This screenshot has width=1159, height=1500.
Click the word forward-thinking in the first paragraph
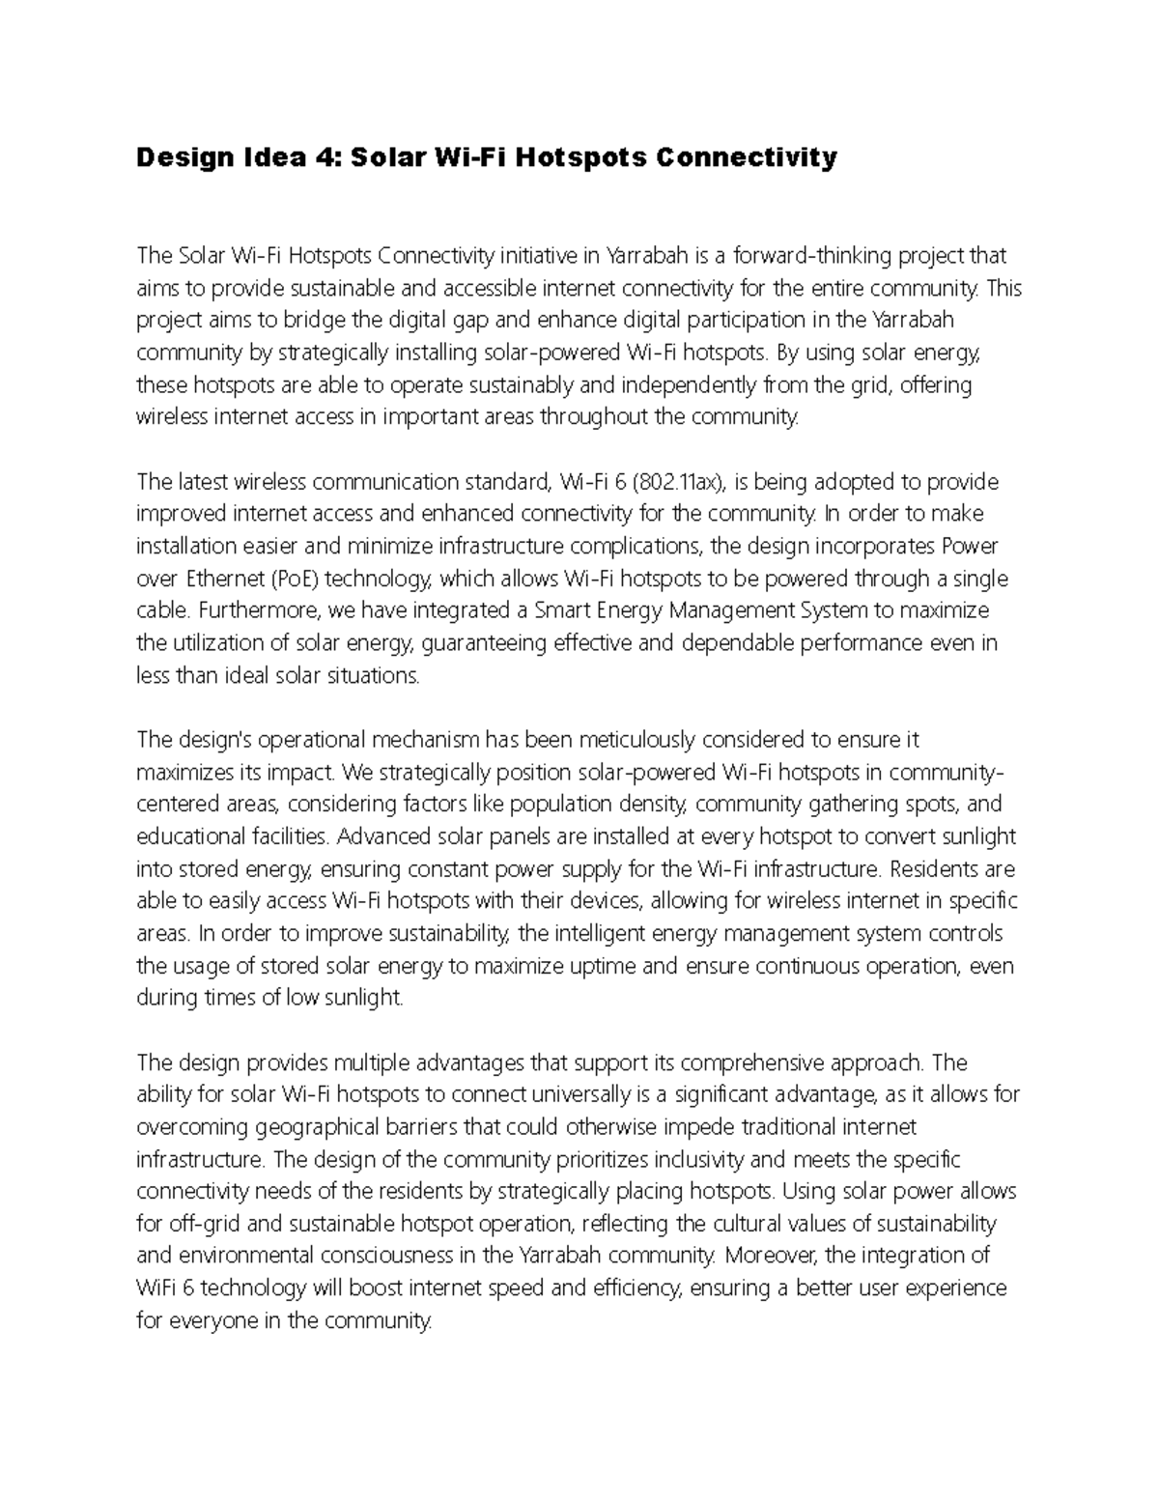813,256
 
